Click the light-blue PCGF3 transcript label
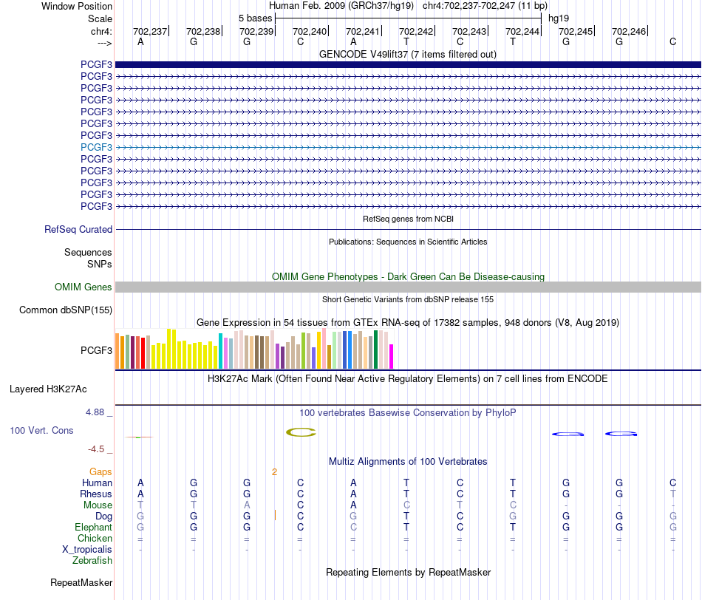click(96, 147)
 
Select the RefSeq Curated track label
click(78, 229)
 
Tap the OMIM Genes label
click(84, 287)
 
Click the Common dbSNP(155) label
click(66, 310)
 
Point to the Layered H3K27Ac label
click(48, 389)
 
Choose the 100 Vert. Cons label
click(41, 430)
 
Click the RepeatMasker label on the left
click(81, 582)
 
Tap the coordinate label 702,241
click(363, 31)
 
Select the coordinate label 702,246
click(629, 31)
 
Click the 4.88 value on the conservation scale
click(95, 412)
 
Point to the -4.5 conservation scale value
click(96, 449)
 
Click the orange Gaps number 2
click(274, 472)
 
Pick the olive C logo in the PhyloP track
click(301, 432)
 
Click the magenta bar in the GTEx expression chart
click(392, 356)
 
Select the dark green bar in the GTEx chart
click(376, 350)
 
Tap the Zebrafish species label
click(92, 561)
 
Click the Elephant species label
click(94, 527)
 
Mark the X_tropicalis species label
click(87, 550)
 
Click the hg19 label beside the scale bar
click(559, 18)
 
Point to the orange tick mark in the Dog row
click(275, 515)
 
